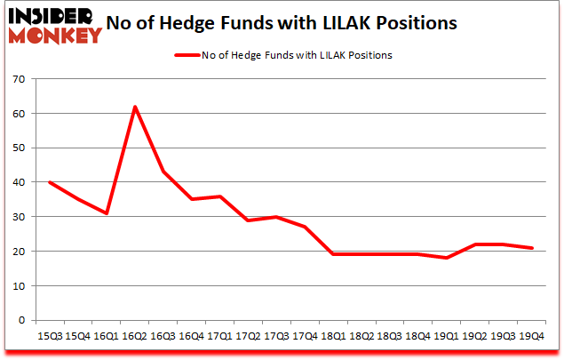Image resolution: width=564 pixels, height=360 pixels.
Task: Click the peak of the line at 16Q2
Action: click(x=134, y=107)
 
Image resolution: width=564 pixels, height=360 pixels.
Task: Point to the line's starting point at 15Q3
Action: click(x=49, y=182)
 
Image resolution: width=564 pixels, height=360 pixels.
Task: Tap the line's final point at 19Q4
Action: click(x=531, y=248)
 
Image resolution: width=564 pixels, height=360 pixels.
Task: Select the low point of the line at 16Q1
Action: click(x=106, y=213)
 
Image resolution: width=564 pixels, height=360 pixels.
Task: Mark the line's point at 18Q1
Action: click(x=332, y=254)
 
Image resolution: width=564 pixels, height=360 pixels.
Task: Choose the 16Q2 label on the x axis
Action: click(x=133, y=336)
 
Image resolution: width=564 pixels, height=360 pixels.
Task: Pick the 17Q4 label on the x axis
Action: click(x=304, y=336)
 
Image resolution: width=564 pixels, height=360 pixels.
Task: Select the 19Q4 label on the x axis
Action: click(x=531, y=336)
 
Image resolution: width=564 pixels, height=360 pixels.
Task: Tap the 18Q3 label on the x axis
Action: click(x=389, y=336)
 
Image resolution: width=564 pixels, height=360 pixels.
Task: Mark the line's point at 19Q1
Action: click(x=446, y=258)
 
